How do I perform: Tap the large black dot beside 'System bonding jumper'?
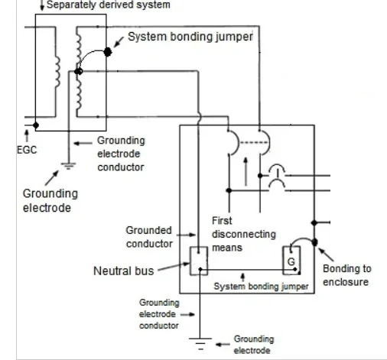pos(108,52)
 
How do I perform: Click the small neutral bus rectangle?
pos(198,261)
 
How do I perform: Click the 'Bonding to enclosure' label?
pos(346,276)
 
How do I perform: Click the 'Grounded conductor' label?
pos(154,236)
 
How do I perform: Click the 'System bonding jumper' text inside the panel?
pos(261,286)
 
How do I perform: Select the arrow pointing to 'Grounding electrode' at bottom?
pos(221,344)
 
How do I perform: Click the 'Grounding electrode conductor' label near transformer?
pos(121,153)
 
